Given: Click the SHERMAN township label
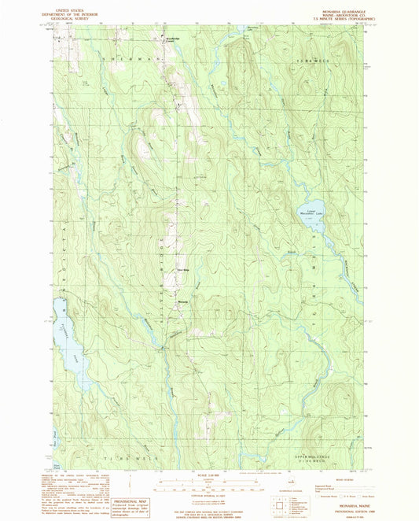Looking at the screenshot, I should pyautogui.click(x=142, y=60).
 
